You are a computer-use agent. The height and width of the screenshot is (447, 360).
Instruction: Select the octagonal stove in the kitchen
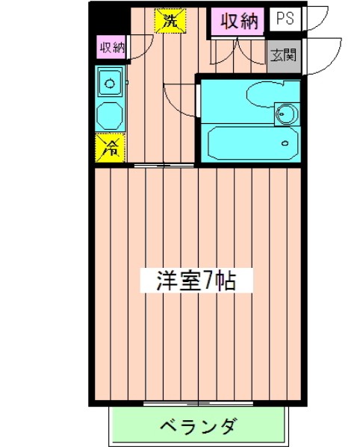(111, 113)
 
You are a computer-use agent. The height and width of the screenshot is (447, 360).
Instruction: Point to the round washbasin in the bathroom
(285, 114)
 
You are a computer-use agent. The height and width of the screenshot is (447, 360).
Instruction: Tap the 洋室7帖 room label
(196, 281)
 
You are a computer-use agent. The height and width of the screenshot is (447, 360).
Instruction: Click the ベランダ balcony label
(198, 428)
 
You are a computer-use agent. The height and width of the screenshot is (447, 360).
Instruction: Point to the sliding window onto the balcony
(198, 405)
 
